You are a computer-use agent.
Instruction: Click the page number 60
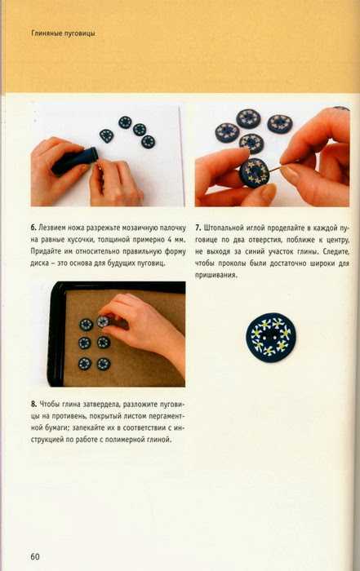[35, 556]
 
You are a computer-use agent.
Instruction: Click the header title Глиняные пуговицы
[64, 33]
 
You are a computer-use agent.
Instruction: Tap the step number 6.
[33, 228]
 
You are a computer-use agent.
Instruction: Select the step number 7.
[198, 228]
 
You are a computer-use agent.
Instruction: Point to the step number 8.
[33, 404]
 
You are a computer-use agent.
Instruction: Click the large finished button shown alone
[271, 338]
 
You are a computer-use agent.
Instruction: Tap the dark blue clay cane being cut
[75, 161]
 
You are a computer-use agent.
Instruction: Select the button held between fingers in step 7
[254, 172]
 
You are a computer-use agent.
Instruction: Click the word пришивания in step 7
[216, 276]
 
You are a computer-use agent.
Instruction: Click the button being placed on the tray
[103, 321]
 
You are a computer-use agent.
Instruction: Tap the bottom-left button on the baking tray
[85, 364]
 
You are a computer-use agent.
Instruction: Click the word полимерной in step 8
[127, 440]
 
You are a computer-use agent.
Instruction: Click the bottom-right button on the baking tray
[104, 364]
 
